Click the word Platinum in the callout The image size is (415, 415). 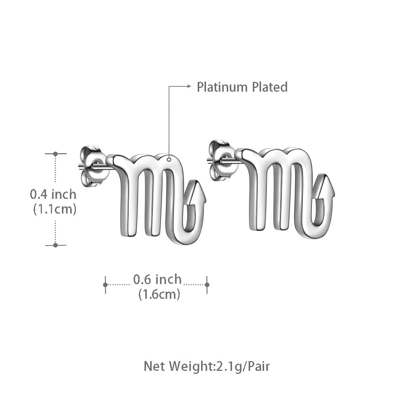click(222, 87)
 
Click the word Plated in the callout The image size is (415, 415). click(269, 87)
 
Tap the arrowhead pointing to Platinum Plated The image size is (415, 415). click(189, 86)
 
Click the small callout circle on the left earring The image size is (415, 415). click(169, 160)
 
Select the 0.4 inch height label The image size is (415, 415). click(53, 194)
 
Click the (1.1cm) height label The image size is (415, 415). click(55, 209)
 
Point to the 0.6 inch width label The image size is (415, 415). click(157, 280)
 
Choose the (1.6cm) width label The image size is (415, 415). click(159, 294)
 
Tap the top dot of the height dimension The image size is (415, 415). click(55, 154)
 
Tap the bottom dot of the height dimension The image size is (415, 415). click(55, 245)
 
